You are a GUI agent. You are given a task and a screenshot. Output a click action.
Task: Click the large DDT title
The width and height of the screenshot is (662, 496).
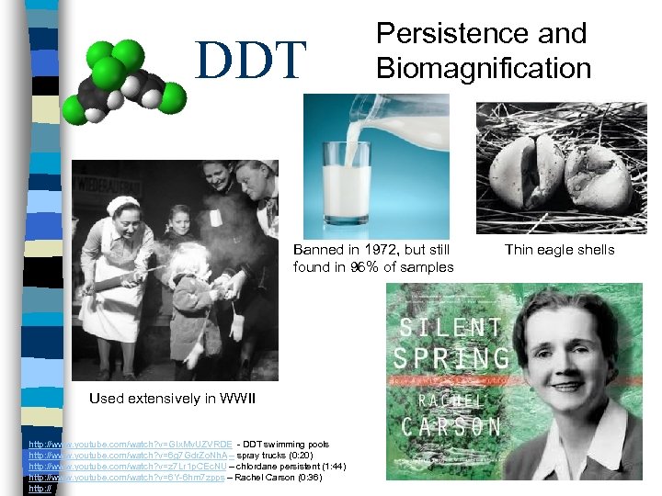251,59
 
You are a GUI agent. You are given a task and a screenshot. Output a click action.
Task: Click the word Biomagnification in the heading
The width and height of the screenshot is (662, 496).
483,68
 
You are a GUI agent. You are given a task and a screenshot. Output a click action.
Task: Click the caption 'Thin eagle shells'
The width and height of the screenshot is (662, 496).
559,250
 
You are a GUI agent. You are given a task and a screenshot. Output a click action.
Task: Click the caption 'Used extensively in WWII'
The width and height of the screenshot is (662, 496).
172,399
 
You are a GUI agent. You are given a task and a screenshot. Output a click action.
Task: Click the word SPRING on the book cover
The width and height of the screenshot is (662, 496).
450,359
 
